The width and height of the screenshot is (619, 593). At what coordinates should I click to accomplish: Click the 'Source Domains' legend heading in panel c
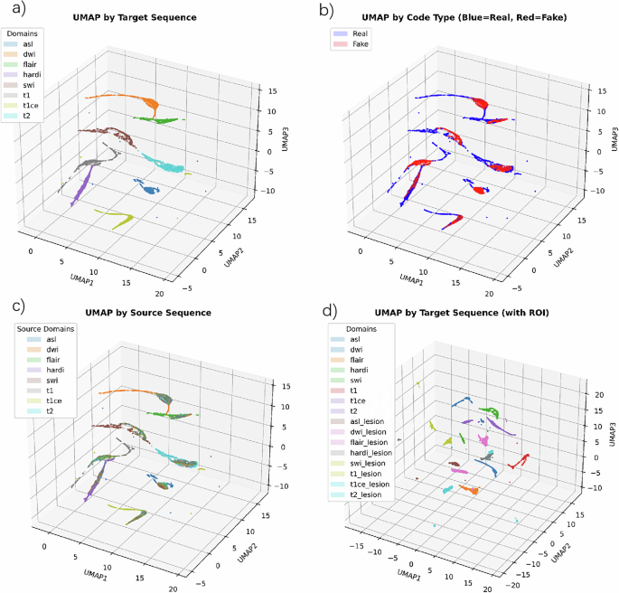pos(46,328)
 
